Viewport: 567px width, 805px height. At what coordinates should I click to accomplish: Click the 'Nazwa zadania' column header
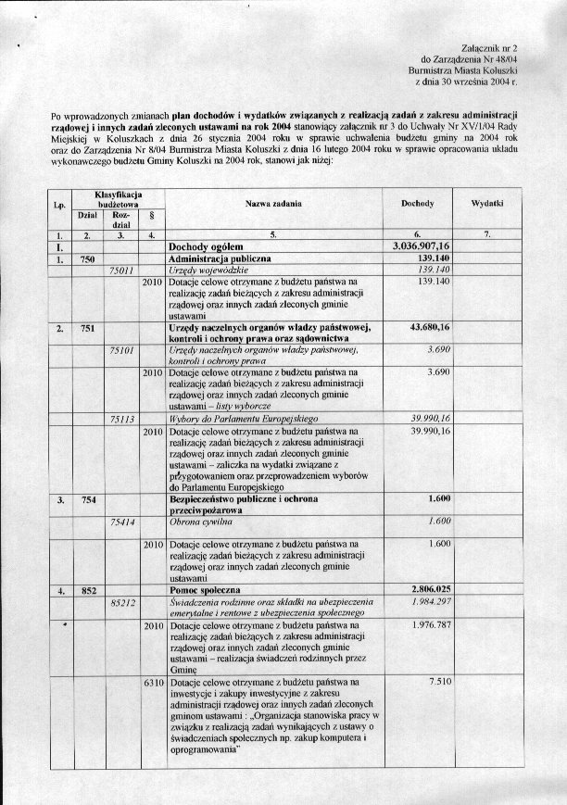(272, 202)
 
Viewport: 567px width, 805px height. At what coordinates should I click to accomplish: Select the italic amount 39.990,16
(422, 419)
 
